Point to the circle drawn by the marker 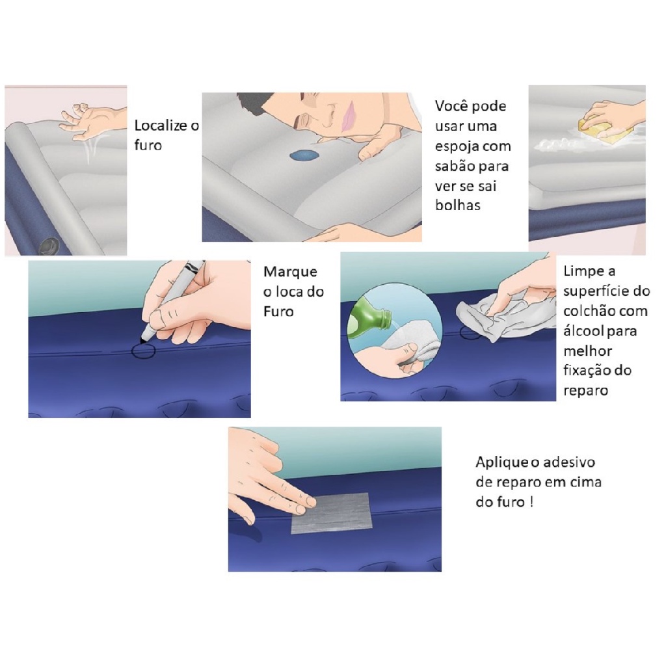click(143, 351)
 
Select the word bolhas click(457, 206)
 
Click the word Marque click(290, 272)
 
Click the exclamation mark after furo click(531, 502)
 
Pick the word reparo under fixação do click(585, 391)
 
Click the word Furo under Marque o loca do click(278, 312)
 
